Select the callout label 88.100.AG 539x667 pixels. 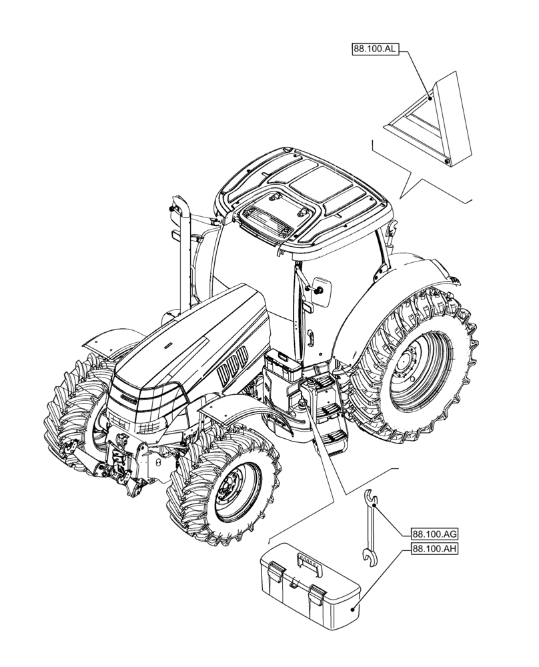point(434,534)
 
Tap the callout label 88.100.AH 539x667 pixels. point(434,549)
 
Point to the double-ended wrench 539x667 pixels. point(369,528)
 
